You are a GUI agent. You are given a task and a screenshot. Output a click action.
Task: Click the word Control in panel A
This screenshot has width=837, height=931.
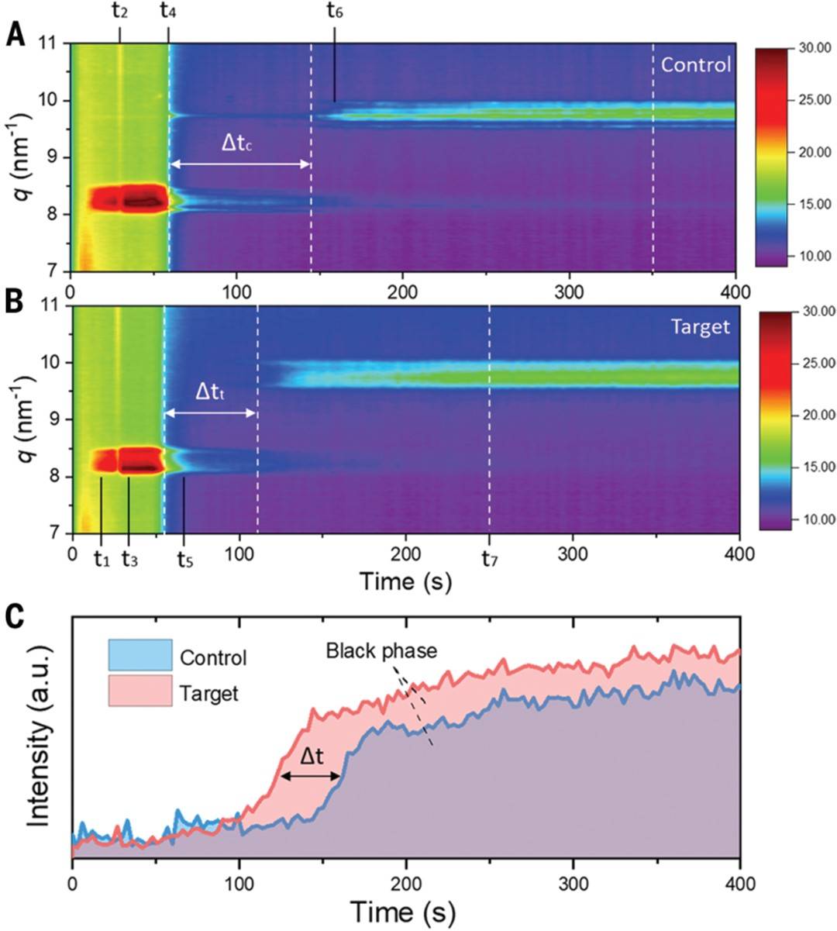(x=695, y=64)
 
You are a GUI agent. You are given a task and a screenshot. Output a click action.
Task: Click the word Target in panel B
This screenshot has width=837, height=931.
(x=701, y=327)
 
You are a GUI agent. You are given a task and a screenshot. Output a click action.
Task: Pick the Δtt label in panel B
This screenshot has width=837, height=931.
(x=208, y=393)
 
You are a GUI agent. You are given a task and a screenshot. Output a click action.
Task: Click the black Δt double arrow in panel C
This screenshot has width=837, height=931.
(x=310, y=776)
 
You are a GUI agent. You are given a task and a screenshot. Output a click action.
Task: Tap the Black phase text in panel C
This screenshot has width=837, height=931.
(x=381, y=650)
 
